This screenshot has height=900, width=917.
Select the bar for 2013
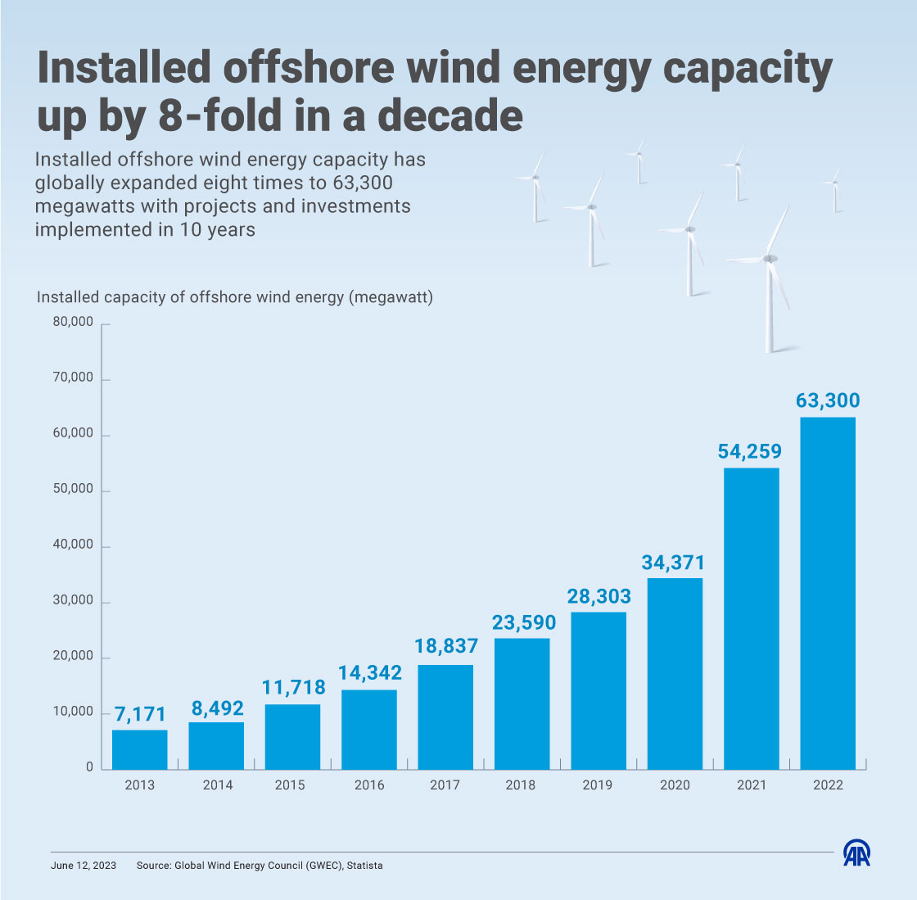click(x=140, y=749)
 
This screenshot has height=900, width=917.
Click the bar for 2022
click(x=828, y=593)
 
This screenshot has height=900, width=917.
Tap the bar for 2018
click(x=522, y=703)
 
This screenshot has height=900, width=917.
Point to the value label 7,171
click(x=139, y=713)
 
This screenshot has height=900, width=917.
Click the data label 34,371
click(x=674, y=563)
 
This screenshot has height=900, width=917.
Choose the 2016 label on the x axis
click(x=369, y=785)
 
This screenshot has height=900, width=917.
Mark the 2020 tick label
click(x=675, y=785)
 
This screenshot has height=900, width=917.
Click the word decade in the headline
click(x=452, y=115)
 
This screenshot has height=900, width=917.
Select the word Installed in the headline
click(x=124, y=69)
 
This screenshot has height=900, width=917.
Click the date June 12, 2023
click(x=83, y=865)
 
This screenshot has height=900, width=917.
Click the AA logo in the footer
click(x=857, y=853)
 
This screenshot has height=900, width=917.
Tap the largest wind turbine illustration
click(x=769, y=278)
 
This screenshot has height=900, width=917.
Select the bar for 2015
click(x=293, y=736)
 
